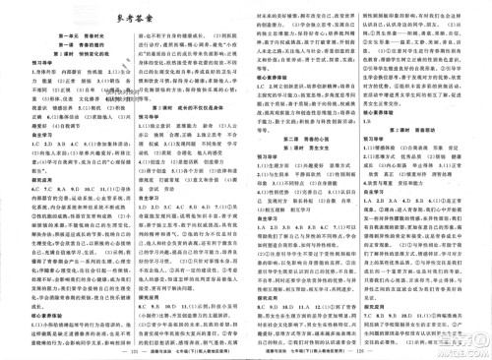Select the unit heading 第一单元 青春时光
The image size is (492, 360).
click(67, 36)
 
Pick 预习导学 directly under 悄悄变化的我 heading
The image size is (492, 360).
click(22, 69)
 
